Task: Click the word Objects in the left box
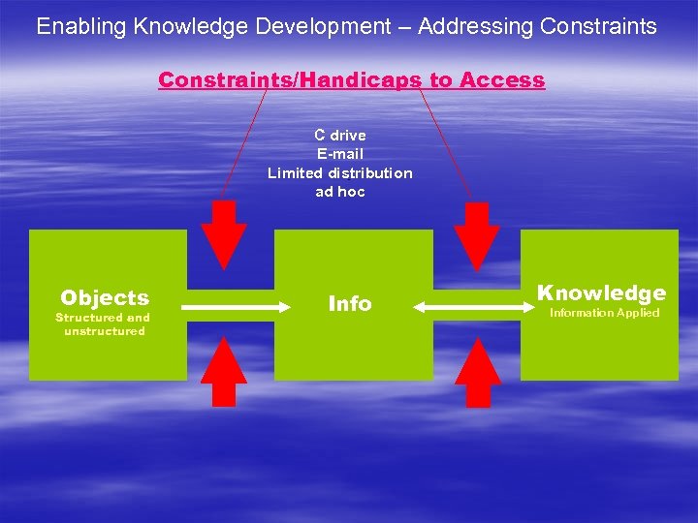click(x=105, y=297)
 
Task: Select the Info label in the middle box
click(x=350, y=304)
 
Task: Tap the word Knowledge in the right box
click(x=601, y=292)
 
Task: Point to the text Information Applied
click(x=604, y=313)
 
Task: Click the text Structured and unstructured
click(x=104, y=323)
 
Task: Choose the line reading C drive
click(x=339, y=136)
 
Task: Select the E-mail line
click(x=339, y=154)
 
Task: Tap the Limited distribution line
click(x=339, y=172)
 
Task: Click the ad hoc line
click(x=339, y=191)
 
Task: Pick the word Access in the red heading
click(x=502, y=80)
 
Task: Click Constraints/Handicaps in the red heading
click(x=290, y=80)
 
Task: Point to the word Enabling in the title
click(x=81, y=26)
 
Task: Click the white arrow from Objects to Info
click(x=238, y=306)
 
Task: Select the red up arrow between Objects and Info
click(x=224, y=372)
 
